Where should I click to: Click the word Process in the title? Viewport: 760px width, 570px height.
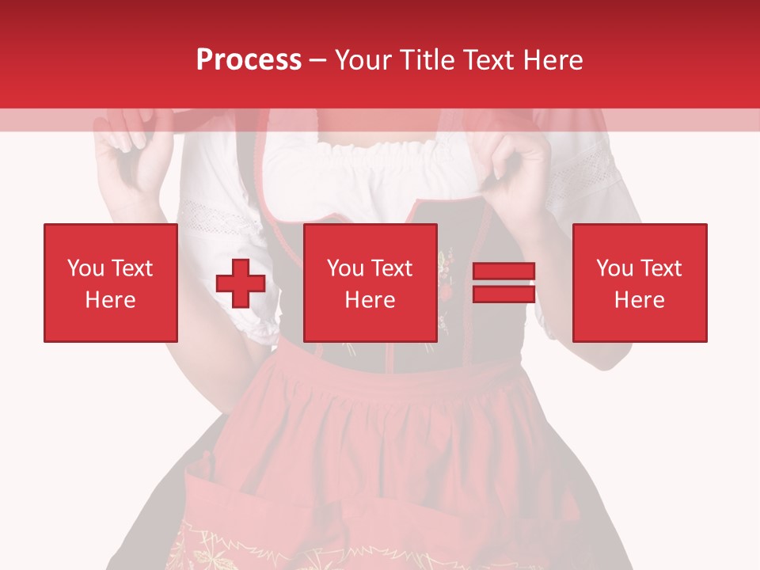[x=249, y=60]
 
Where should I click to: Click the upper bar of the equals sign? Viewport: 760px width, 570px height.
[x=503, y=272]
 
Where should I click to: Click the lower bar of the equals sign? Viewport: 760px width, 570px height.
[x=503, y=294]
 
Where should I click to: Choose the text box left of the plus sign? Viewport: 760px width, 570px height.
[x=111, y=283]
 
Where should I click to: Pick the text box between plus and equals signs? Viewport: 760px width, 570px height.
[x=370, y=283]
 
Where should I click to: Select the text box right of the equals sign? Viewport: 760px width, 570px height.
[x=639, y=283]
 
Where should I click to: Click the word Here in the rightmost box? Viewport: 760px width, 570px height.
[x=639, y=299]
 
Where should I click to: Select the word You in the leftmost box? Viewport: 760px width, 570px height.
[x=85, y=268]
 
